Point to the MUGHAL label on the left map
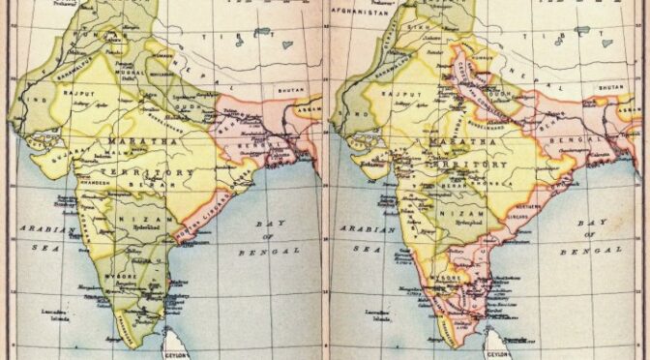click(x=130, y=72)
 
